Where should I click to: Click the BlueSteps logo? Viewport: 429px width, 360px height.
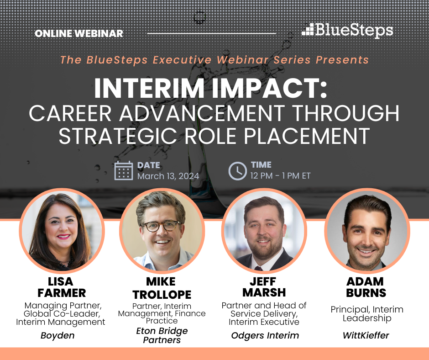click(347, 30)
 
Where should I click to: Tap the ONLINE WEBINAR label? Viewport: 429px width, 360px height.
click(79, 33)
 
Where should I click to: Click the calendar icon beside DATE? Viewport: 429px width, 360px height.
click(124, 171)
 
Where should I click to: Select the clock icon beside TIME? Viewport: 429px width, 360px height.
click(237, 171)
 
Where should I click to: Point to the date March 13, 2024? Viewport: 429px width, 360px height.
click(168, 176)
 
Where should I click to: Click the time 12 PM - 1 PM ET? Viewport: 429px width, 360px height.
click(280, 175)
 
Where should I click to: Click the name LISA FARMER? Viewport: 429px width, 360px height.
click(61, 287)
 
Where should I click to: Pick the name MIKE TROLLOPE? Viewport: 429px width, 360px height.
click(162, 288)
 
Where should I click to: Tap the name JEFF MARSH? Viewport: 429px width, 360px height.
click(264, 287)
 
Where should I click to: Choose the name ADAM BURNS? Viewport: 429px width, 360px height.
click(366, 287)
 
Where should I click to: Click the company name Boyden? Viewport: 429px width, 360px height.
click(58, 336)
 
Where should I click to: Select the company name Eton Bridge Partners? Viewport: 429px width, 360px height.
click(162, 335)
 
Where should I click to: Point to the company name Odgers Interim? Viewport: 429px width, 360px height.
click(265, 335)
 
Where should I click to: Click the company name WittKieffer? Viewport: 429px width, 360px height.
click(366, 335)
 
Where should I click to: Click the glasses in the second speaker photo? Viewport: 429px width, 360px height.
click(161, 226)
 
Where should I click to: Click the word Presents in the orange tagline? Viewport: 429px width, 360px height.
click(342, 60)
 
